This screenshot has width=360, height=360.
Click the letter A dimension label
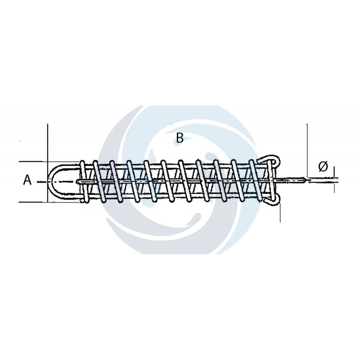[x=27, y=180]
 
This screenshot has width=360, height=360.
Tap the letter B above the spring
[x=180, y=138]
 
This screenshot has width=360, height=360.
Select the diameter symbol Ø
[x=323, y=166]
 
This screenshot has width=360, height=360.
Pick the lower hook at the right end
[x=273, y=202]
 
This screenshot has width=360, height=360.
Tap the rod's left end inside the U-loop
[x=77, y=181]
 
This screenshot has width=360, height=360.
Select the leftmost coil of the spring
[x=83, y=182]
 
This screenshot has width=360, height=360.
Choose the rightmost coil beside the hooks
[x=272, y=181]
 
